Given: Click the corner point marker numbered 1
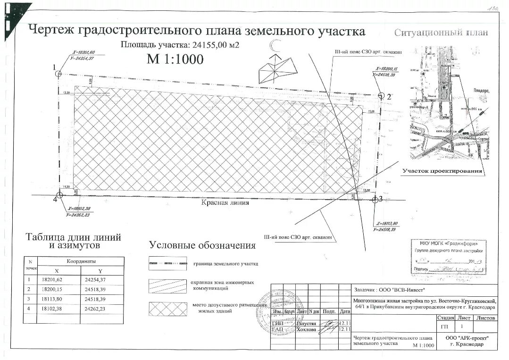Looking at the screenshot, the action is point(58,74).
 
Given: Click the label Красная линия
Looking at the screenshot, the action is point(225,203).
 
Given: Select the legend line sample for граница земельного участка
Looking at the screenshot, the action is point(167,263).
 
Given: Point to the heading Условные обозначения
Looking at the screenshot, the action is point(202,245).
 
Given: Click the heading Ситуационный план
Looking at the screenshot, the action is point(441,33).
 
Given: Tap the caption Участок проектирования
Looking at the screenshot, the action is point(442,171).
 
